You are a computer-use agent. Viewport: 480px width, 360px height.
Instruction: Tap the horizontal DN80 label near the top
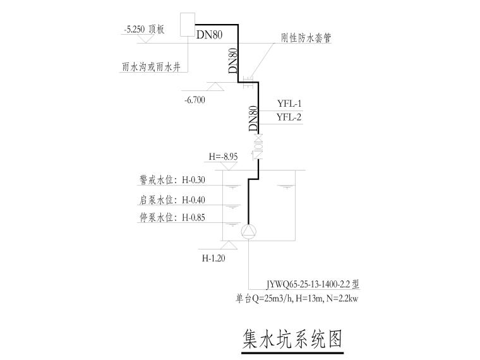pyautogui.click(x=209, y=35)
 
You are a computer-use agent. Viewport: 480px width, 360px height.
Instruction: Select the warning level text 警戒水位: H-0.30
pyautogui.click(x=172, y=180)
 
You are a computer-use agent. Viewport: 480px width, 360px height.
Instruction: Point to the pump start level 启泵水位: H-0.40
pyautogui.click(x=172, y=200)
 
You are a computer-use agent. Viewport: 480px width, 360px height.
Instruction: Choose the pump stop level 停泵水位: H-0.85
pyautogui.click(x=172, y=218)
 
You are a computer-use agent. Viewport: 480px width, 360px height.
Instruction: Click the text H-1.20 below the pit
pyautogui.click(x=214, y=258)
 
